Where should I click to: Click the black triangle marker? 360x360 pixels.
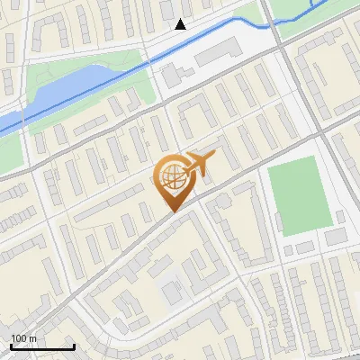181,24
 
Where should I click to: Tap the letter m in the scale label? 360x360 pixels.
33,338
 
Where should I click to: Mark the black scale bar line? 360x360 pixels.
42,346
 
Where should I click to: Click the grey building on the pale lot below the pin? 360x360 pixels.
172,292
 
